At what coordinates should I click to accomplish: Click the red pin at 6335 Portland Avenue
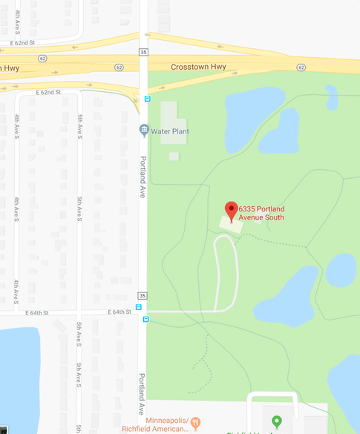click(x=231, y=211)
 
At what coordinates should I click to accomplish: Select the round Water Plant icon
click(x=144, y=131)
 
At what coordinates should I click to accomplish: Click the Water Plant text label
click(x=170, y=131)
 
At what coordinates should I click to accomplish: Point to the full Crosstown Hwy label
click(x=198, y=67)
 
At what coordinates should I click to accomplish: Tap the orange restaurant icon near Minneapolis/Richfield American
click(x=196, y=424)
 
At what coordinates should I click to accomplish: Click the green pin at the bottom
click(x=277, y=421)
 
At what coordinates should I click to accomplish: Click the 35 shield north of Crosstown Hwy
click(x=143, y=52)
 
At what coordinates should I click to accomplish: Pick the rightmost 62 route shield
click(x=301, y=67)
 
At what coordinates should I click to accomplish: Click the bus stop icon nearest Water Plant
click(x=147, y=98)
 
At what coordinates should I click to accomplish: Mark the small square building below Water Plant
click(x=174, y=156)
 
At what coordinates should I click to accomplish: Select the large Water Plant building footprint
click(x=172, y=119)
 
